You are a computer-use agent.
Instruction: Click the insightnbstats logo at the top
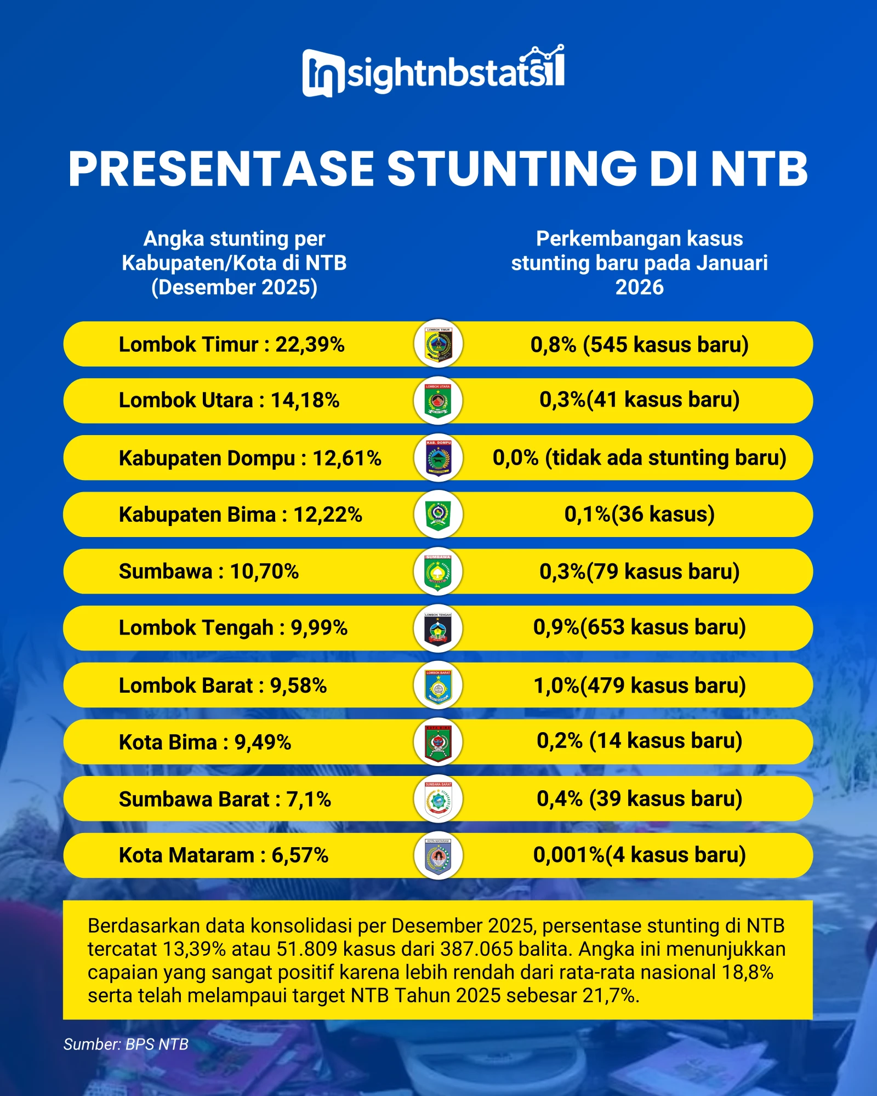click(x=433, y=71)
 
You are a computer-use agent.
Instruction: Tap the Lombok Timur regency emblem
click(x=438, y=344)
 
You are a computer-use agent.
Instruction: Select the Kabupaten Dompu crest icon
click(x=438, y=458)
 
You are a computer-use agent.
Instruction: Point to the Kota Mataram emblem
click(x=438, y=855)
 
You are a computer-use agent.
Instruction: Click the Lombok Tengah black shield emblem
click(x=438, y=628)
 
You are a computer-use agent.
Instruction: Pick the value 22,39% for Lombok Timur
click(x=310, y=345)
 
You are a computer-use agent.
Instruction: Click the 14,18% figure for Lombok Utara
click(x=305, y=401)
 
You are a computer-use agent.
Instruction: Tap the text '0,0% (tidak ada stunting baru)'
click(x=639, y=458)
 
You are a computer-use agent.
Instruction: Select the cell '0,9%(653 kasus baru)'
click(x=639, y=627)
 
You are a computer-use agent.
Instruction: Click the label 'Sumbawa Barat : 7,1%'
click(x=225, y=800)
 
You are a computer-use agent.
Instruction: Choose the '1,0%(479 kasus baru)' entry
click(x=639, y=686)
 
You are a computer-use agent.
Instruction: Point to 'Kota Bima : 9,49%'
click(x=205, y=743)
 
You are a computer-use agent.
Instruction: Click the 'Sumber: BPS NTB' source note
click(x=126, y=1044)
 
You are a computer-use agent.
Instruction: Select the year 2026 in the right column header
click(x=639, y=287)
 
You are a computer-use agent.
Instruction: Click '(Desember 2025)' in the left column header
click(x=234, y=287)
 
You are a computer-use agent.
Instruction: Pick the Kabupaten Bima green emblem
click(x=438, y=515)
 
